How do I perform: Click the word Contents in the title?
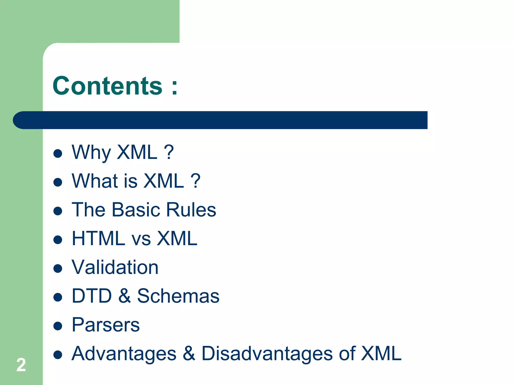click(x=107, y=86)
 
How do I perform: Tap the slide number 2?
click(x=21, y=365)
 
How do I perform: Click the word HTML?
click(x=98, y=238)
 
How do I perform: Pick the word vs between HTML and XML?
click(x=141, y=239)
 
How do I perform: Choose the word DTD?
click(x=92, y=296)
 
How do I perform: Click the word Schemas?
click(x=178, y=296)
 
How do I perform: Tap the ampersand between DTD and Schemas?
click(x=124, y=296)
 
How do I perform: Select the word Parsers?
click(x=106, y=325)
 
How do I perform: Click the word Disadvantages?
click(x=267, y=353)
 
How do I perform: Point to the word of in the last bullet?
click(x=347, y=353)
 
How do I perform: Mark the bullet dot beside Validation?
click(x=58, y=268)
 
